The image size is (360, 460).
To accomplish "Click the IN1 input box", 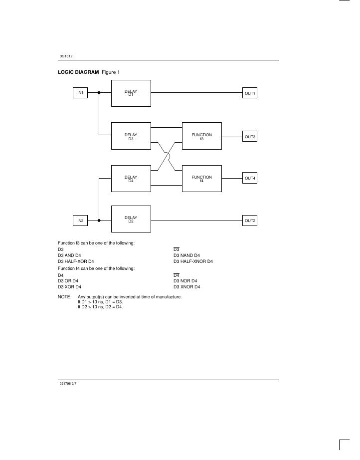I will click(x=80, y=93).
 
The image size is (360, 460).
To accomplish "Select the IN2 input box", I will click(x=80, y=220).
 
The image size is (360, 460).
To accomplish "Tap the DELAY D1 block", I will click(x=131, y=93).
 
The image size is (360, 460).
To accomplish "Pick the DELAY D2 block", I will click(x=131, y=219).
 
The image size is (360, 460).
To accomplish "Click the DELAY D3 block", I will click(x=131, y=136).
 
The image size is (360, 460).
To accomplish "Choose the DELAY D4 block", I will click(x=131, y=179).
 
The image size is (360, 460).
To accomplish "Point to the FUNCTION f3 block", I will click(x=201, y=136).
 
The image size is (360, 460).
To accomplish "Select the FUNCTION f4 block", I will click(x=201, y=179).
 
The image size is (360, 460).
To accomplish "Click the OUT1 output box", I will click(x=250, y=93).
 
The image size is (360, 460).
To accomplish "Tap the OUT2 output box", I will click(x=250, y=220).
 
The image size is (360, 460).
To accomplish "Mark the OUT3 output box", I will click(x=250, y=136).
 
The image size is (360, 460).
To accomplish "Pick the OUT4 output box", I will click(x=250, y=178).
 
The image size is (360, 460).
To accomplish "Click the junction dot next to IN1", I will click(x=99, y=93).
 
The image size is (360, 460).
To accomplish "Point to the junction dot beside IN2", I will click(x=99, y=220).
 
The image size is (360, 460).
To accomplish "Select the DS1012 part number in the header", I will click(x=66, y=56).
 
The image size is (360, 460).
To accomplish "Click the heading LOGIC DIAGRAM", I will click(x=79, y=72).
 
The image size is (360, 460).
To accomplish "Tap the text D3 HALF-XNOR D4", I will click(x=193, y=261).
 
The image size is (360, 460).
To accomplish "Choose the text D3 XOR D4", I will click(x=69, y=287).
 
